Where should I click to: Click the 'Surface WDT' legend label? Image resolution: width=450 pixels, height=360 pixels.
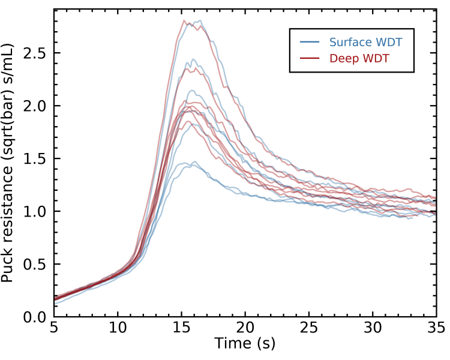coord(365,42)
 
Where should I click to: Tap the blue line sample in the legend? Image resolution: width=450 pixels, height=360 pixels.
coord(310,42)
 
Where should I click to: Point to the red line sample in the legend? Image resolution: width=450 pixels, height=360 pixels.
coord(310,58)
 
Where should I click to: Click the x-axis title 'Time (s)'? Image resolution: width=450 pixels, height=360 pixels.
coord(245,344)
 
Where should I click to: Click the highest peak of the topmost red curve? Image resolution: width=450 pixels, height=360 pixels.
coord(184,20)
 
